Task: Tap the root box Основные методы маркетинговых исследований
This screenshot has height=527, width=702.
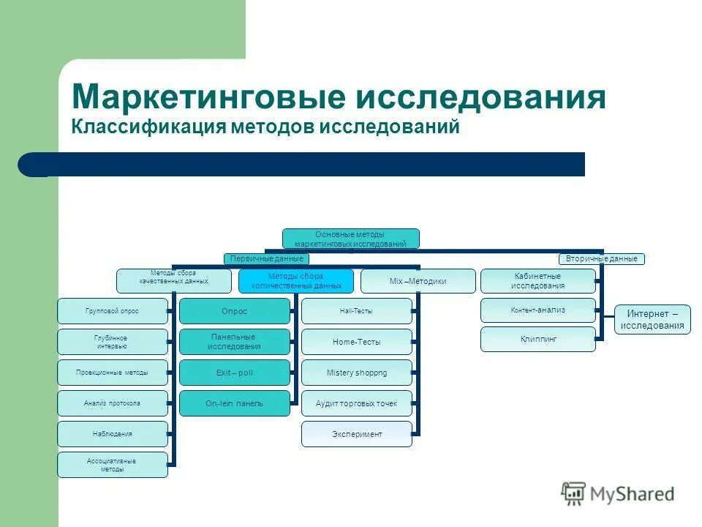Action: click(351, 239)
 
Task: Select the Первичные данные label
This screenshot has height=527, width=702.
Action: click(266, 258)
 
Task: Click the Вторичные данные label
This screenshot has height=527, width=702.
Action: click(602, 258)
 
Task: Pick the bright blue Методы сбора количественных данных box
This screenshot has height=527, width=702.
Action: click(295, 281)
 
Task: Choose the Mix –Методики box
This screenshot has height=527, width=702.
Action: click(418, 281)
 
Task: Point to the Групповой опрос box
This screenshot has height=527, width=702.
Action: click(112, 311)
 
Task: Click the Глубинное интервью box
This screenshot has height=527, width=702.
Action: click(112, 342)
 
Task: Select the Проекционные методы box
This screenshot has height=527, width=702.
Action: click(112, 373)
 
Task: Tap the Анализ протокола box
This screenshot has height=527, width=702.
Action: click(112, 403)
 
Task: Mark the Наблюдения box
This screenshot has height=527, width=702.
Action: click(112, 434)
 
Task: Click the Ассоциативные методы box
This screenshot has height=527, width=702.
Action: click(112, 465)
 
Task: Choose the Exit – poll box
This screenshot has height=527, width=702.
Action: click(234, 373)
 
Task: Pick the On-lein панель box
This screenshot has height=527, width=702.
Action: click(234, 403)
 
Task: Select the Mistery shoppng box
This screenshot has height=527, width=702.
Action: click(356, 373)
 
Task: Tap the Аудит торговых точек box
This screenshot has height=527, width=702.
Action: click(356, 403)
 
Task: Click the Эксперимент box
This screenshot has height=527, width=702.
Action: click(356, 434)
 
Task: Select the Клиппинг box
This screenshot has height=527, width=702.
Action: click(537, 339)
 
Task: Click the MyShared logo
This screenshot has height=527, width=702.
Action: click(618, 494)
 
